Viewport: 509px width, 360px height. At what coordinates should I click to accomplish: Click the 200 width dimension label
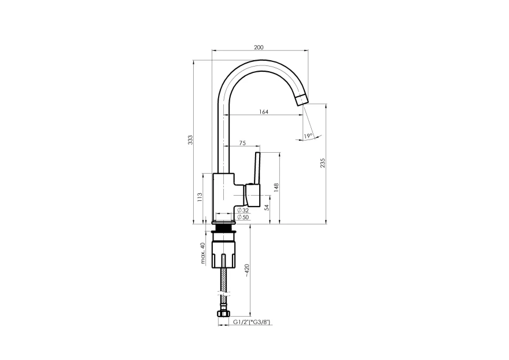pyautogui.click(x=259, y=47)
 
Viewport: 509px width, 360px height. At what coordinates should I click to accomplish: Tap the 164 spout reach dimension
pyautogui.click(x=264, y=112)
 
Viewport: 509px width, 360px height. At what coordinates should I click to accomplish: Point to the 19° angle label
pyautogui.click(x=308, y=135)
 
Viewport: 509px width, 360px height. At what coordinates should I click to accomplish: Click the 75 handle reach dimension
pyautogui.click(x=242, y=143)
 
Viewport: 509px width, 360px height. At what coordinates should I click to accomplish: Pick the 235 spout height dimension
pyautogui.click(x=322, y=163)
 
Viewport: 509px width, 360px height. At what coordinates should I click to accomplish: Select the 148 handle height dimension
pyautogui.click(x=276, y=188)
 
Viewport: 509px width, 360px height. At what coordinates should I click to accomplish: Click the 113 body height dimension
pyautogui.click(x=200, y=197)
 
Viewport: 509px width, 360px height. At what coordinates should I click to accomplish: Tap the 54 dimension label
pyautogui.click(x=267, y=207)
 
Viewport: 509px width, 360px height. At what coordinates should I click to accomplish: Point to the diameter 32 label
pyautogui.click(x=243, y=211)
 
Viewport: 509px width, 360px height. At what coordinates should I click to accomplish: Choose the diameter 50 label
pyautogui.click(x=243, y=217)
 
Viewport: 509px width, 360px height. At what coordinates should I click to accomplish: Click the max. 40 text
pyautogui.click(x=203, y=253)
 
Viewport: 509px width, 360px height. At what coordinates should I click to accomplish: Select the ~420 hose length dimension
pyautogui.click(x=247, y=270)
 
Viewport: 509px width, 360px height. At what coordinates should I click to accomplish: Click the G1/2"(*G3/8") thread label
pyautogui.click(x=252, y=322)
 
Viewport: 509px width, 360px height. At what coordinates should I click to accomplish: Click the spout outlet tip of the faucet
pyautogui.click(x=302, y=99)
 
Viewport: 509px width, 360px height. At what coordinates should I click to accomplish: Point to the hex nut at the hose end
pyautogui.click(x=223, y=314)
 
